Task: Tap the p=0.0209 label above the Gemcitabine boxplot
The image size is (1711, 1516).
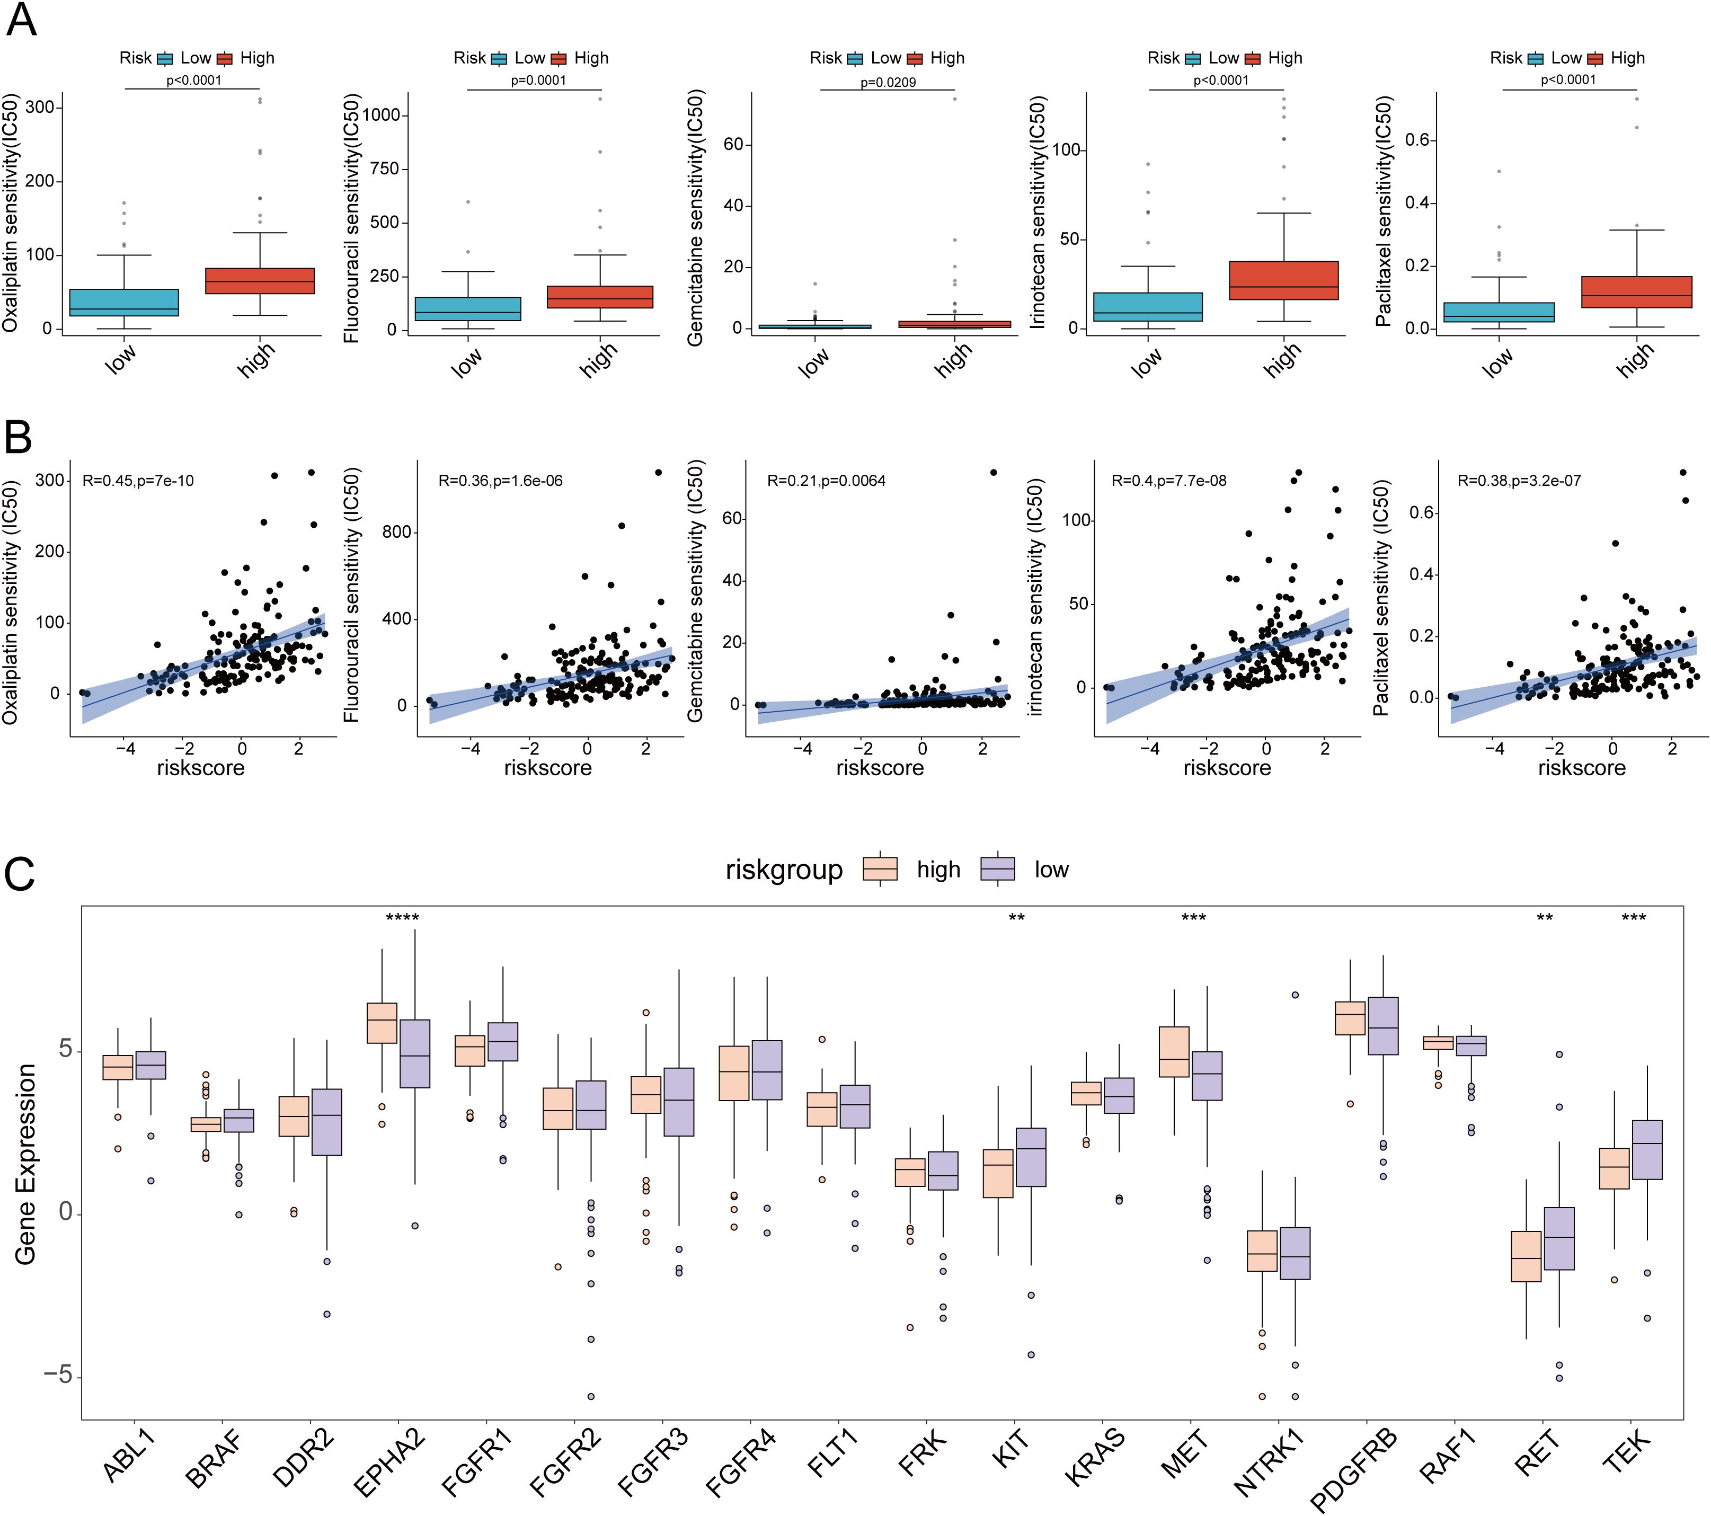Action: coord(888,82)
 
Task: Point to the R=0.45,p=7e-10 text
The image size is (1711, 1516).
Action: coord(138,481)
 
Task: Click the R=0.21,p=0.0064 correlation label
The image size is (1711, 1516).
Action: coord(826,481)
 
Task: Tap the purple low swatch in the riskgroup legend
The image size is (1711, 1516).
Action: coord(998,869)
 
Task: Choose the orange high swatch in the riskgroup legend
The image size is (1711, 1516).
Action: coord(880,869)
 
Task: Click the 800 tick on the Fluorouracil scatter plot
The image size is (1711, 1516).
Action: coord(397,533)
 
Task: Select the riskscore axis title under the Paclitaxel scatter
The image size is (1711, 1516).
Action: coord(1581,768)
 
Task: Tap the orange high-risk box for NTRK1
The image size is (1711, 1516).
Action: coord(1262,1252)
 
